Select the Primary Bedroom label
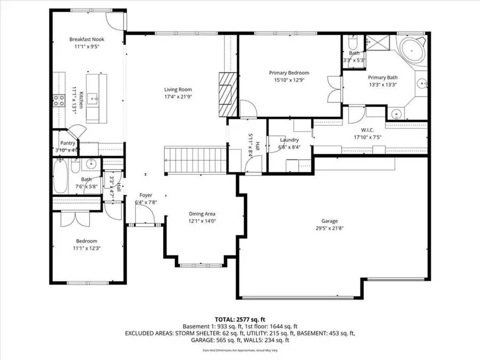coord(288,73)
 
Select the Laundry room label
coord(289,140)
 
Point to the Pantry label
coord(68,143)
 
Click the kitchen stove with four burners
coord(57,101)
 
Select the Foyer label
coord(146,195)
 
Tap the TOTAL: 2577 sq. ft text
coord(239,318)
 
